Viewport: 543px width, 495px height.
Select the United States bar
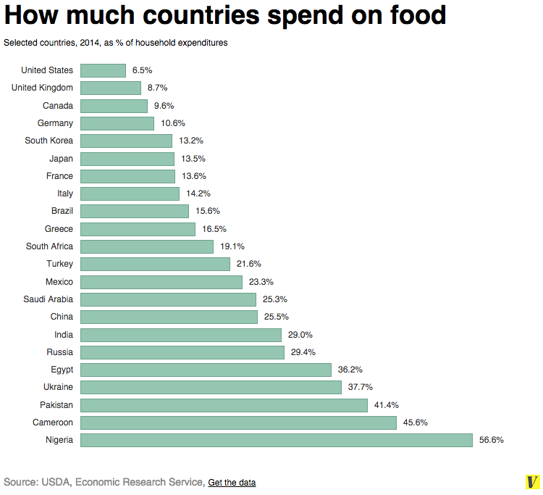tap(103, 70)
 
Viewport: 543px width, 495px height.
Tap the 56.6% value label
tap(491, 440)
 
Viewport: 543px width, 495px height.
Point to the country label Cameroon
tap(53, 423)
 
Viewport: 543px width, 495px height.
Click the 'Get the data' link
tap(232, 483)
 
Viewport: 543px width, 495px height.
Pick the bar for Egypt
tap(206, 370)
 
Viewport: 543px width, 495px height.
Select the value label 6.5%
tap(143, 70)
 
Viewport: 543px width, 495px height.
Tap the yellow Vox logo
tap(534, 482)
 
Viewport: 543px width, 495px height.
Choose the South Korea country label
tap(49, 141)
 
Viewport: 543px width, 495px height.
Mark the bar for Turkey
tap(155, 264)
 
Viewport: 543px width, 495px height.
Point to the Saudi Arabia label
tap(48, 299)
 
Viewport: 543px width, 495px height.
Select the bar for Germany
tap(117, 123)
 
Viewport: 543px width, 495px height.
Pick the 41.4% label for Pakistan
tap(387, 405)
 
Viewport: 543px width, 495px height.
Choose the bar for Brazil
tap(135, 211)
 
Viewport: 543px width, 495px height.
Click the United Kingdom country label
tap(42, 88)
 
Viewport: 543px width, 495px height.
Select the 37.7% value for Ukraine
tap(361, 387)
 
